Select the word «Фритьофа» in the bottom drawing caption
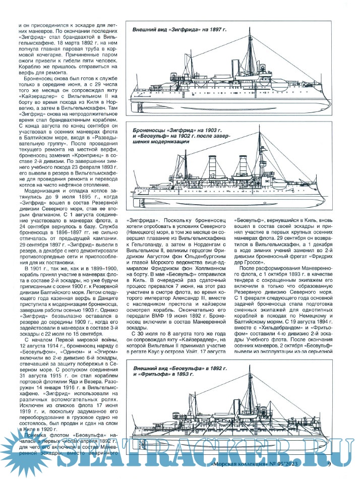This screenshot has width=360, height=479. [x=164, y=376]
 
